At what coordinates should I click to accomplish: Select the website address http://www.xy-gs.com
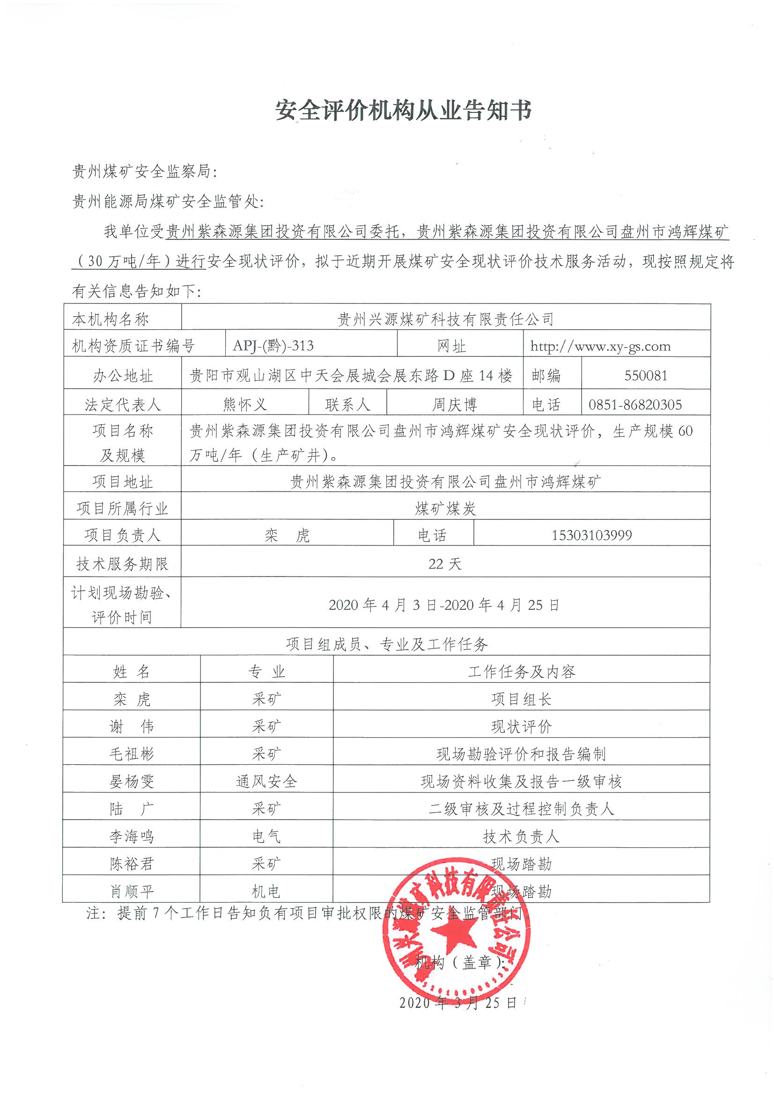[x=600, y=346]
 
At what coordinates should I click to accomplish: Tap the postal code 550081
[x=645, y=375]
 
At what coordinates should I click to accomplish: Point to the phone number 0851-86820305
[x=635, y=405]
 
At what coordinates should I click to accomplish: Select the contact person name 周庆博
[x=454, y=405]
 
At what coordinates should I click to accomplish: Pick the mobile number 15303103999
[x=591, y=535]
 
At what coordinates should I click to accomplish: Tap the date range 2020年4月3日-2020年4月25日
[x=444, y=605]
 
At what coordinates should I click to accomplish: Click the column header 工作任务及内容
[x=522, y=672]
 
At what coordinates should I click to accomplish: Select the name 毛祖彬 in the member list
[x=131, y=754]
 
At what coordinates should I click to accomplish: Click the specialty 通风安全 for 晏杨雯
[x=266, y=781]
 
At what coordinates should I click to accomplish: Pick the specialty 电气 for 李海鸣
[x=266, y=836]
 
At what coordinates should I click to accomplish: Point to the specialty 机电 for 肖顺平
[x=266, y=891]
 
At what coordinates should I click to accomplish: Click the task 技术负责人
[x=521, y=836]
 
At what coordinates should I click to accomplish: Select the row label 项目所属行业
[x=122, y=509]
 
